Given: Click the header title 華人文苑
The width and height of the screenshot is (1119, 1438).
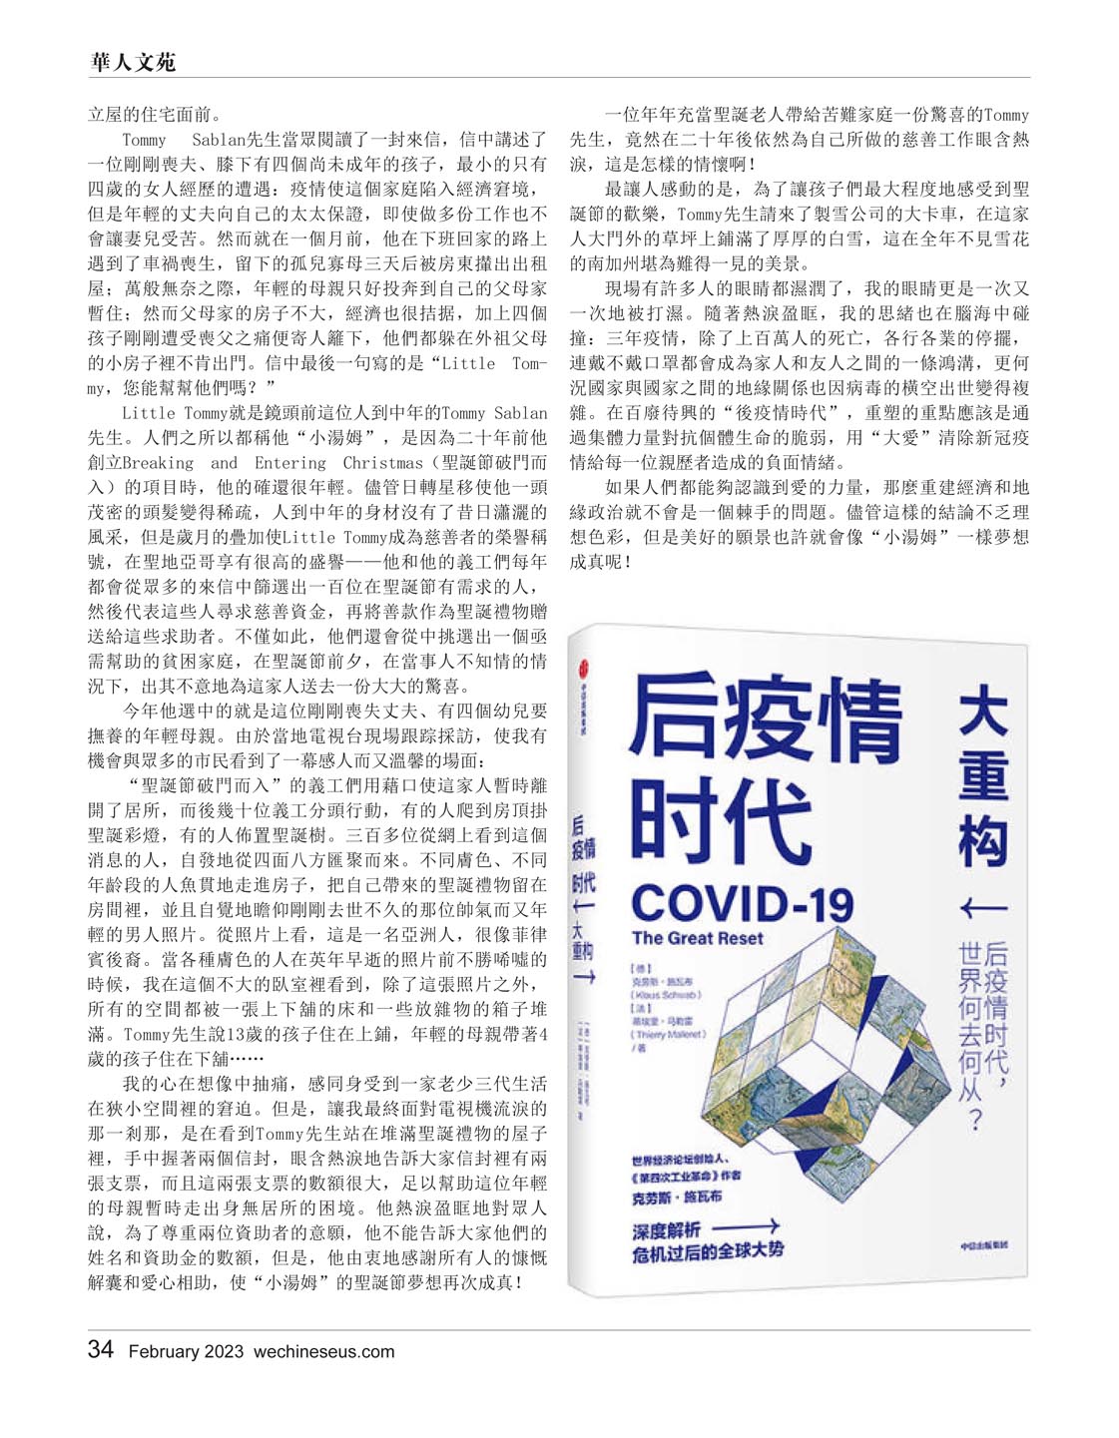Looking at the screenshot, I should click(133, 62).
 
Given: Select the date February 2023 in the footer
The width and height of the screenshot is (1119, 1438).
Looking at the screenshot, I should click(186, 1351).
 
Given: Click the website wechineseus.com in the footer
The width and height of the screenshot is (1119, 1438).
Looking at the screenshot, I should click(323, 1351).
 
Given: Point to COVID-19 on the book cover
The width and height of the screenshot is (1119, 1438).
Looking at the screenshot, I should click(742, 902).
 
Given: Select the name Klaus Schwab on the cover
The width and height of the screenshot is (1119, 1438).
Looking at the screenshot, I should click(667, 995).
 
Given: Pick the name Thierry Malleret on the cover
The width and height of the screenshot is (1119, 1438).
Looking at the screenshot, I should click(669, 1034).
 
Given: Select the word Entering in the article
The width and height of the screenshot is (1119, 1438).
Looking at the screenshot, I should click(290, 463).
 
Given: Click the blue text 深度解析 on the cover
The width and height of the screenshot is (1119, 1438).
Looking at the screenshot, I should click(666, 1229).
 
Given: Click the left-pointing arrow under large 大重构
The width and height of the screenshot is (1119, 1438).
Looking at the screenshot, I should click(982, 907).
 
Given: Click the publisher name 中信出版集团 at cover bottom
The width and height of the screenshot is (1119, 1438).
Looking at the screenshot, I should click(983, 1244).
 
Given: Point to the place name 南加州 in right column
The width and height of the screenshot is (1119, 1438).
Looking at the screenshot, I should click(597, 263).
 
